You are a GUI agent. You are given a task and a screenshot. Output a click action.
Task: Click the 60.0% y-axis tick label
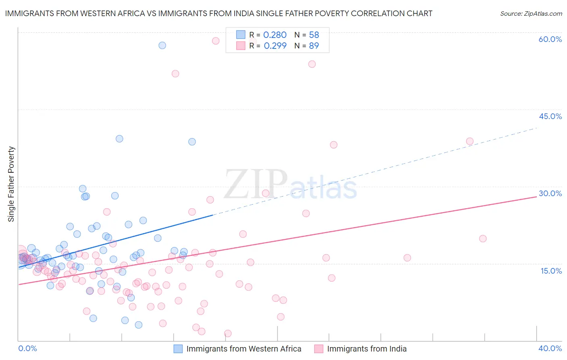click(x=550, y=39)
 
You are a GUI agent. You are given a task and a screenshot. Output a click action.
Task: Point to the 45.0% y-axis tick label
click(x=550, y=116)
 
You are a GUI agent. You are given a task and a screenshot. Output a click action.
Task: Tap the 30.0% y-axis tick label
click(x=550, y=193)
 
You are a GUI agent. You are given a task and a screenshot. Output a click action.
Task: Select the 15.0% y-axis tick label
click(x=551, y=271)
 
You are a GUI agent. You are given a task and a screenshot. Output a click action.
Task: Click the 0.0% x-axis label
click(x=27, y=348)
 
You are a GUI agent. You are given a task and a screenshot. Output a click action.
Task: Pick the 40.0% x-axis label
click(x=550, y=348)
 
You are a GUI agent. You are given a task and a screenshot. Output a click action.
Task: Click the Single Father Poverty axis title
click(x=11, y=184)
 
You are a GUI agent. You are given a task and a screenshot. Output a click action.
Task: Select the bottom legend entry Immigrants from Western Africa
click(x=244, y=349)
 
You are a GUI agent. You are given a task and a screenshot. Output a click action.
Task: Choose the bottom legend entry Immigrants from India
click(x=367, y=349)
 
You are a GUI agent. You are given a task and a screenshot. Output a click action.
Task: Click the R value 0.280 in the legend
click(x=275, y=35)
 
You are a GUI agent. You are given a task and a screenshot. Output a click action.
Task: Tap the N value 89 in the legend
click(x=314, y=46)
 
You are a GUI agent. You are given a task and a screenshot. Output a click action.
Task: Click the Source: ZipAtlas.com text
click(x=531, y=13)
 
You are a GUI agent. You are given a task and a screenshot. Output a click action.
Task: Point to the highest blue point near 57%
click(x=162, y=45)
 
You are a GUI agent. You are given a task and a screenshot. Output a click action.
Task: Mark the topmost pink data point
click(x=216, y=41)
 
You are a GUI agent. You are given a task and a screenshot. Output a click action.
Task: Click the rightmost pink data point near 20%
click(x=483, y=239)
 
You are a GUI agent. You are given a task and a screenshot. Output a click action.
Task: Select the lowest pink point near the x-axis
click(x=228, y=333)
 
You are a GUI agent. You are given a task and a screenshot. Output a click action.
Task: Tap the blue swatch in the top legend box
click(x=241, y=35)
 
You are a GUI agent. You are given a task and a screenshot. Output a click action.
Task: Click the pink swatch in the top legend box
click(x=241, y=46)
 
